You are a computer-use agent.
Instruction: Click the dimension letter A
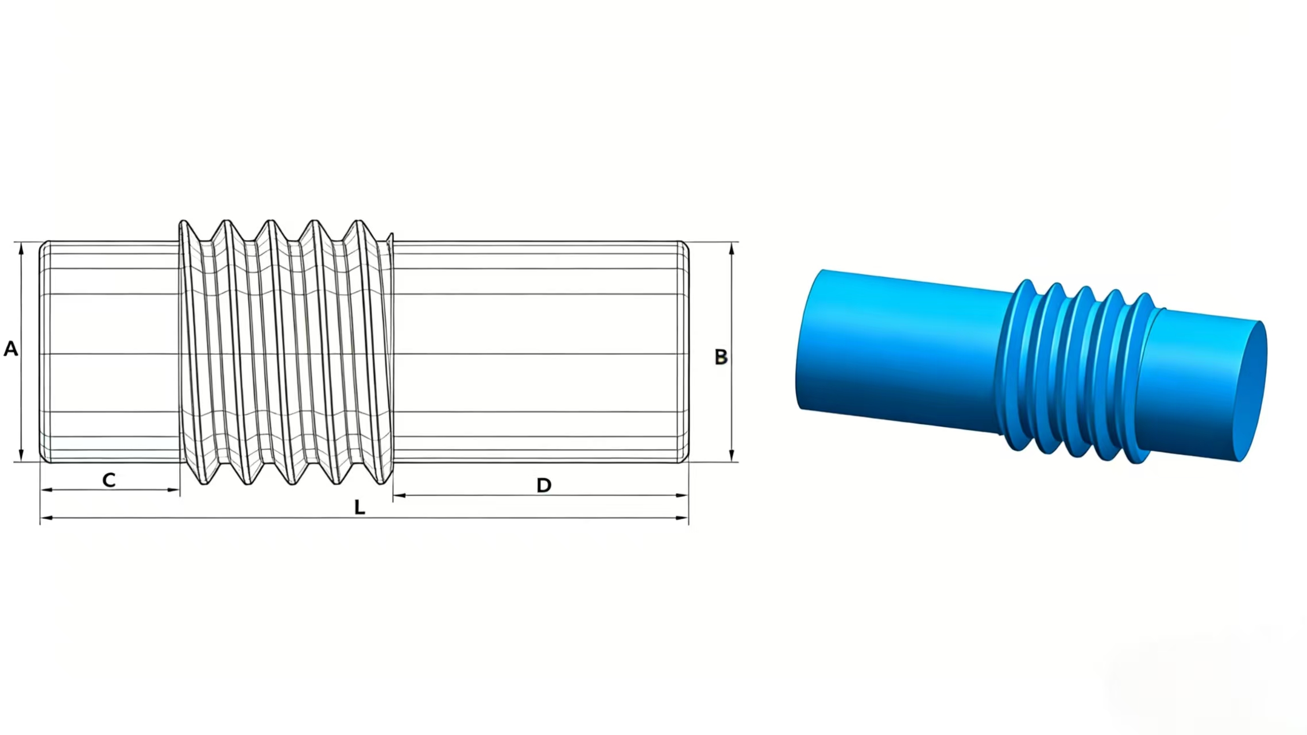pos(11,349)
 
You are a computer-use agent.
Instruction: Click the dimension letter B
pos(721,357)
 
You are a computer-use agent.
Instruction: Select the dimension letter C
pos(109,480)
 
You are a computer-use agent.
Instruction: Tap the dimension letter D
pos(543,485)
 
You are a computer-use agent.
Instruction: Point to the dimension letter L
pos(359,507)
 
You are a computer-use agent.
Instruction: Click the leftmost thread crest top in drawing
pos(183,223)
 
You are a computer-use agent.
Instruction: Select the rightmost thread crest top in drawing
pos(359,222)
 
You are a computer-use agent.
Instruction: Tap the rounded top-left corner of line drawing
pos(43,245)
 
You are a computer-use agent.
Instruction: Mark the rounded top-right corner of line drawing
pos(685,245)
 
